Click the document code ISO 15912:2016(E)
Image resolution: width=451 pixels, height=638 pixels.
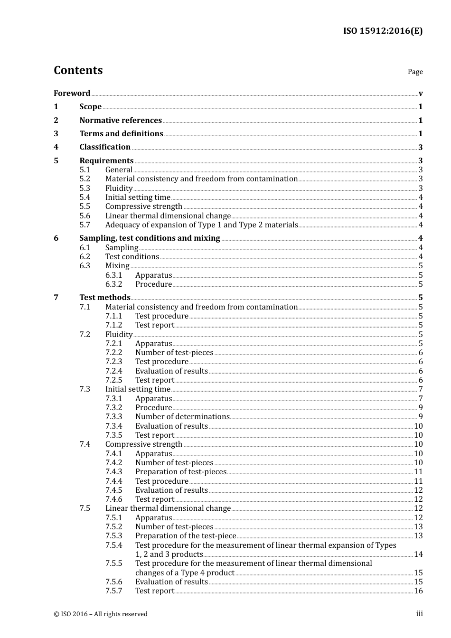click(x=383, y=31)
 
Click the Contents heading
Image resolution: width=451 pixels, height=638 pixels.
click(x=78, y=70)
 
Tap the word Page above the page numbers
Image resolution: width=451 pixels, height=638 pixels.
click(x=415, y=72)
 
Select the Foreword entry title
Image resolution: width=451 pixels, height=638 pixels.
click(x=72, y=93)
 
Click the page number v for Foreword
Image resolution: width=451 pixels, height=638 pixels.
click(x=421, y=93)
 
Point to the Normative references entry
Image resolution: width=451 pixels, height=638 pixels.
click(x=121, y=120)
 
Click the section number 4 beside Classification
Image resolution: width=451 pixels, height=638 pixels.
click(x=56, y=147)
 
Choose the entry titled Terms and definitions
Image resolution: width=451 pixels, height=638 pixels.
click(x=121, y=134)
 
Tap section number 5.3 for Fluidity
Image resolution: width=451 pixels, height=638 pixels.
click(x=85, y=188)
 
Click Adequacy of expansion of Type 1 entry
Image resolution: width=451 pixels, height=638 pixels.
click(x=201, y=225)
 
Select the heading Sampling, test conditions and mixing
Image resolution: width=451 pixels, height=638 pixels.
click(x=150, y=238)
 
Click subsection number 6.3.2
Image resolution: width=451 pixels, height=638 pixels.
click(x=113, y=284)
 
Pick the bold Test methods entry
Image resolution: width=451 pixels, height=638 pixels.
click(x=104, y=298)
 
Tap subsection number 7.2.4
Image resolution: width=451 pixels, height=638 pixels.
click(x=113, y=371)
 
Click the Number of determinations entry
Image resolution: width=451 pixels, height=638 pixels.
click(x=182, y=417)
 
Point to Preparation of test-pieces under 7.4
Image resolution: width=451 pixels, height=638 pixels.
click(x=180, y=472)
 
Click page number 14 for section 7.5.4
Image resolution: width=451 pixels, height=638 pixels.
click(x=418, y=554)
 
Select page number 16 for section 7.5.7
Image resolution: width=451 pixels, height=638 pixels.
click(x=418, y=591)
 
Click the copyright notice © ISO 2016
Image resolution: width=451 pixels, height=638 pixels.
click(x=101, y=614)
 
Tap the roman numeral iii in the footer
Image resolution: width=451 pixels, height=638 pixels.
click(x=419, y=614)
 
